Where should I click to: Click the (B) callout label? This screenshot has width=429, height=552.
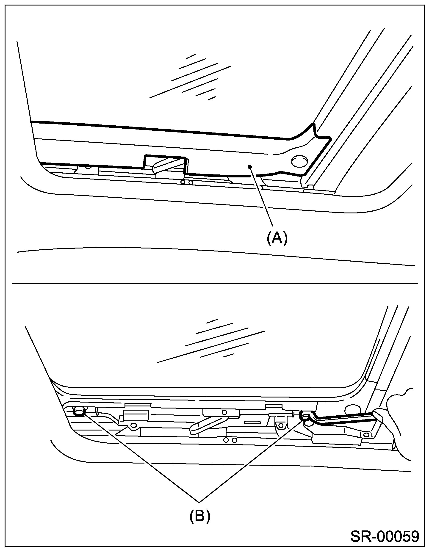pyautogui.click(x=200, y=516)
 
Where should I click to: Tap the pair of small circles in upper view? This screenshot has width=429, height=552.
pyautogui.click(x=187, y=182)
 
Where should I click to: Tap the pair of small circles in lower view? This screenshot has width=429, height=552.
pyautogui.click(x=230, y=440)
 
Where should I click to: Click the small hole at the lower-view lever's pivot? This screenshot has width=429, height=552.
pyautogui.click(x=224, y=412)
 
